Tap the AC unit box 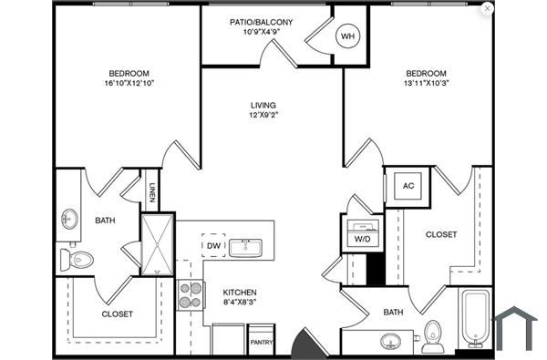pos(409,185)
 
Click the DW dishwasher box pos(213,246)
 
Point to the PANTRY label pos(262,343)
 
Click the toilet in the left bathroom pos(77,261)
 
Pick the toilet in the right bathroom pos(434,334)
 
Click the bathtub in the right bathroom pos(474,318)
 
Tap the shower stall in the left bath pos(157,242)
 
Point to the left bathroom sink pos(69,220)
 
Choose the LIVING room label pos(263,105)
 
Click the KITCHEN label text pos(240,293)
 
